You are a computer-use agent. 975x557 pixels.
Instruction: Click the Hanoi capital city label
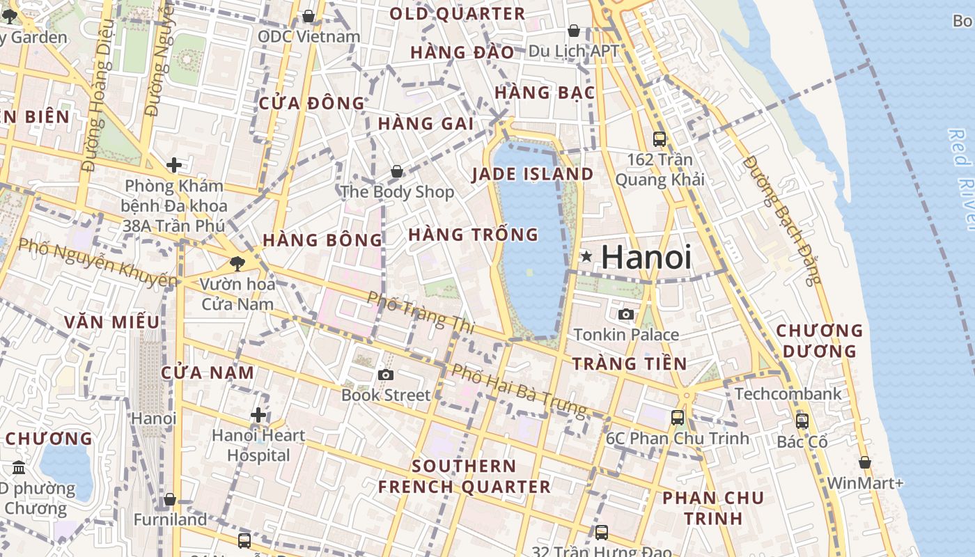[x=646, y=257]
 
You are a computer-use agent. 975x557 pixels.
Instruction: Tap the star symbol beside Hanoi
[x=587, y=257]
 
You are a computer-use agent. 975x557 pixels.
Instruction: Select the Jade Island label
[x=533, y=174]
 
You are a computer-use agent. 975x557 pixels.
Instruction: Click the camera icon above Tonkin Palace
[x=626, y=314]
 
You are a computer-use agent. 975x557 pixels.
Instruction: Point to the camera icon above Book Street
[x=385, y=375]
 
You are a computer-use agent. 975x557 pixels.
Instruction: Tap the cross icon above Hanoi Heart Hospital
[x=258, y=416]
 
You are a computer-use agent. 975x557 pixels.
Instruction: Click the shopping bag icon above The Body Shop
[x=397, y=171]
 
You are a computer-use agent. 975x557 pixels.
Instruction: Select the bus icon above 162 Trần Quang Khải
[x=660, y=139]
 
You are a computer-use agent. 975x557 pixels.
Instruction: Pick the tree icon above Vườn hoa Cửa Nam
[x=237, y=263]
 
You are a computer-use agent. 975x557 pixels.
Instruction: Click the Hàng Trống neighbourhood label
[x=474, y=235]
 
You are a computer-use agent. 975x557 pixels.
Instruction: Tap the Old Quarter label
[x=457, y=14]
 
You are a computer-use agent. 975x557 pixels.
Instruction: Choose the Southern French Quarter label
[x=465, y=476]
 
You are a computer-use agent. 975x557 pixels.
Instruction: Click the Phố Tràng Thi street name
[x=420, y=312]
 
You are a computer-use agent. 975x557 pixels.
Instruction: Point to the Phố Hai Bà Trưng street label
[x=519, y=391]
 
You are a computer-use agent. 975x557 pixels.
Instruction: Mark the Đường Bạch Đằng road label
[x=782, y=219]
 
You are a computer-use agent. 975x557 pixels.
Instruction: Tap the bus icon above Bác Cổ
[x=802, y=421]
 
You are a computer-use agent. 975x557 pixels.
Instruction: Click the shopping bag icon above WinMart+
[x=865, y=462]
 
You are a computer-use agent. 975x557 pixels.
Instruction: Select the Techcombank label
[x=788, y=393]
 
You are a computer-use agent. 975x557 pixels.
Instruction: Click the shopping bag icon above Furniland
[x=170, y=500]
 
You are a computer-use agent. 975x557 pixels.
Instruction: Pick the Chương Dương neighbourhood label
[x=820, y=340]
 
